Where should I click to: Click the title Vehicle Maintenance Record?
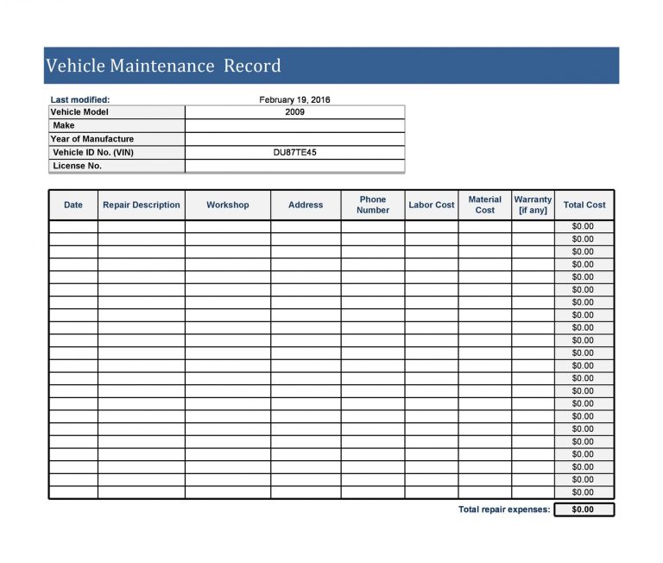pos(163,66)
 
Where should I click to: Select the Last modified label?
pos(80,99)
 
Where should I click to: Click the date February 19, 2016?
pos(294,99)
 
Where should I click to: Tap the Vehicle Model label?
pos(79,111)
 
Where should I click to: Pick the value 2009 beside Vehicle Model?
pos(294,111)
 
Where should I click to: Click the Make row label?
pos(64,125)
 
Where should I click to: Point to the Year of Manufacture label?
pos(92,139)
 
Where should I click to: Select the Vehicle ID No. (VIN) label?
pos(93,152)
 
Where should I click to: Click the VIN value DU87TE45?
pos(294,152)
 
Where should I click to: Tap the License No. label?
pos(77,166)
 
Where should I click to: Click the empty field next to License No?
pos(294,166)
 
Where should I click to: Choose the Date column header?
pos(73,205)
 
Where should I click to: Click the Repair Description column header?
pos(142,205)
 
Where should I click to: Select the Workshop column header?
pos(228,205)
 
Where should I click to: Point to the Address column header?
pos(306,205)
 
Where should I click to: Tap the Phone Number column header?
pos(373,205)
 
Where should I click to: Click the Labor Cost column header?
pos(432,205)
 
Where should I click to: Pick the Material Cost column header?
pos(485,205)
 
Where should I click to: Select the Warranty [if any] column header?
pos(533,205)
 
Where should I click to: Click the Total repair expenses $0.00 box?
pos(584,509)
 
